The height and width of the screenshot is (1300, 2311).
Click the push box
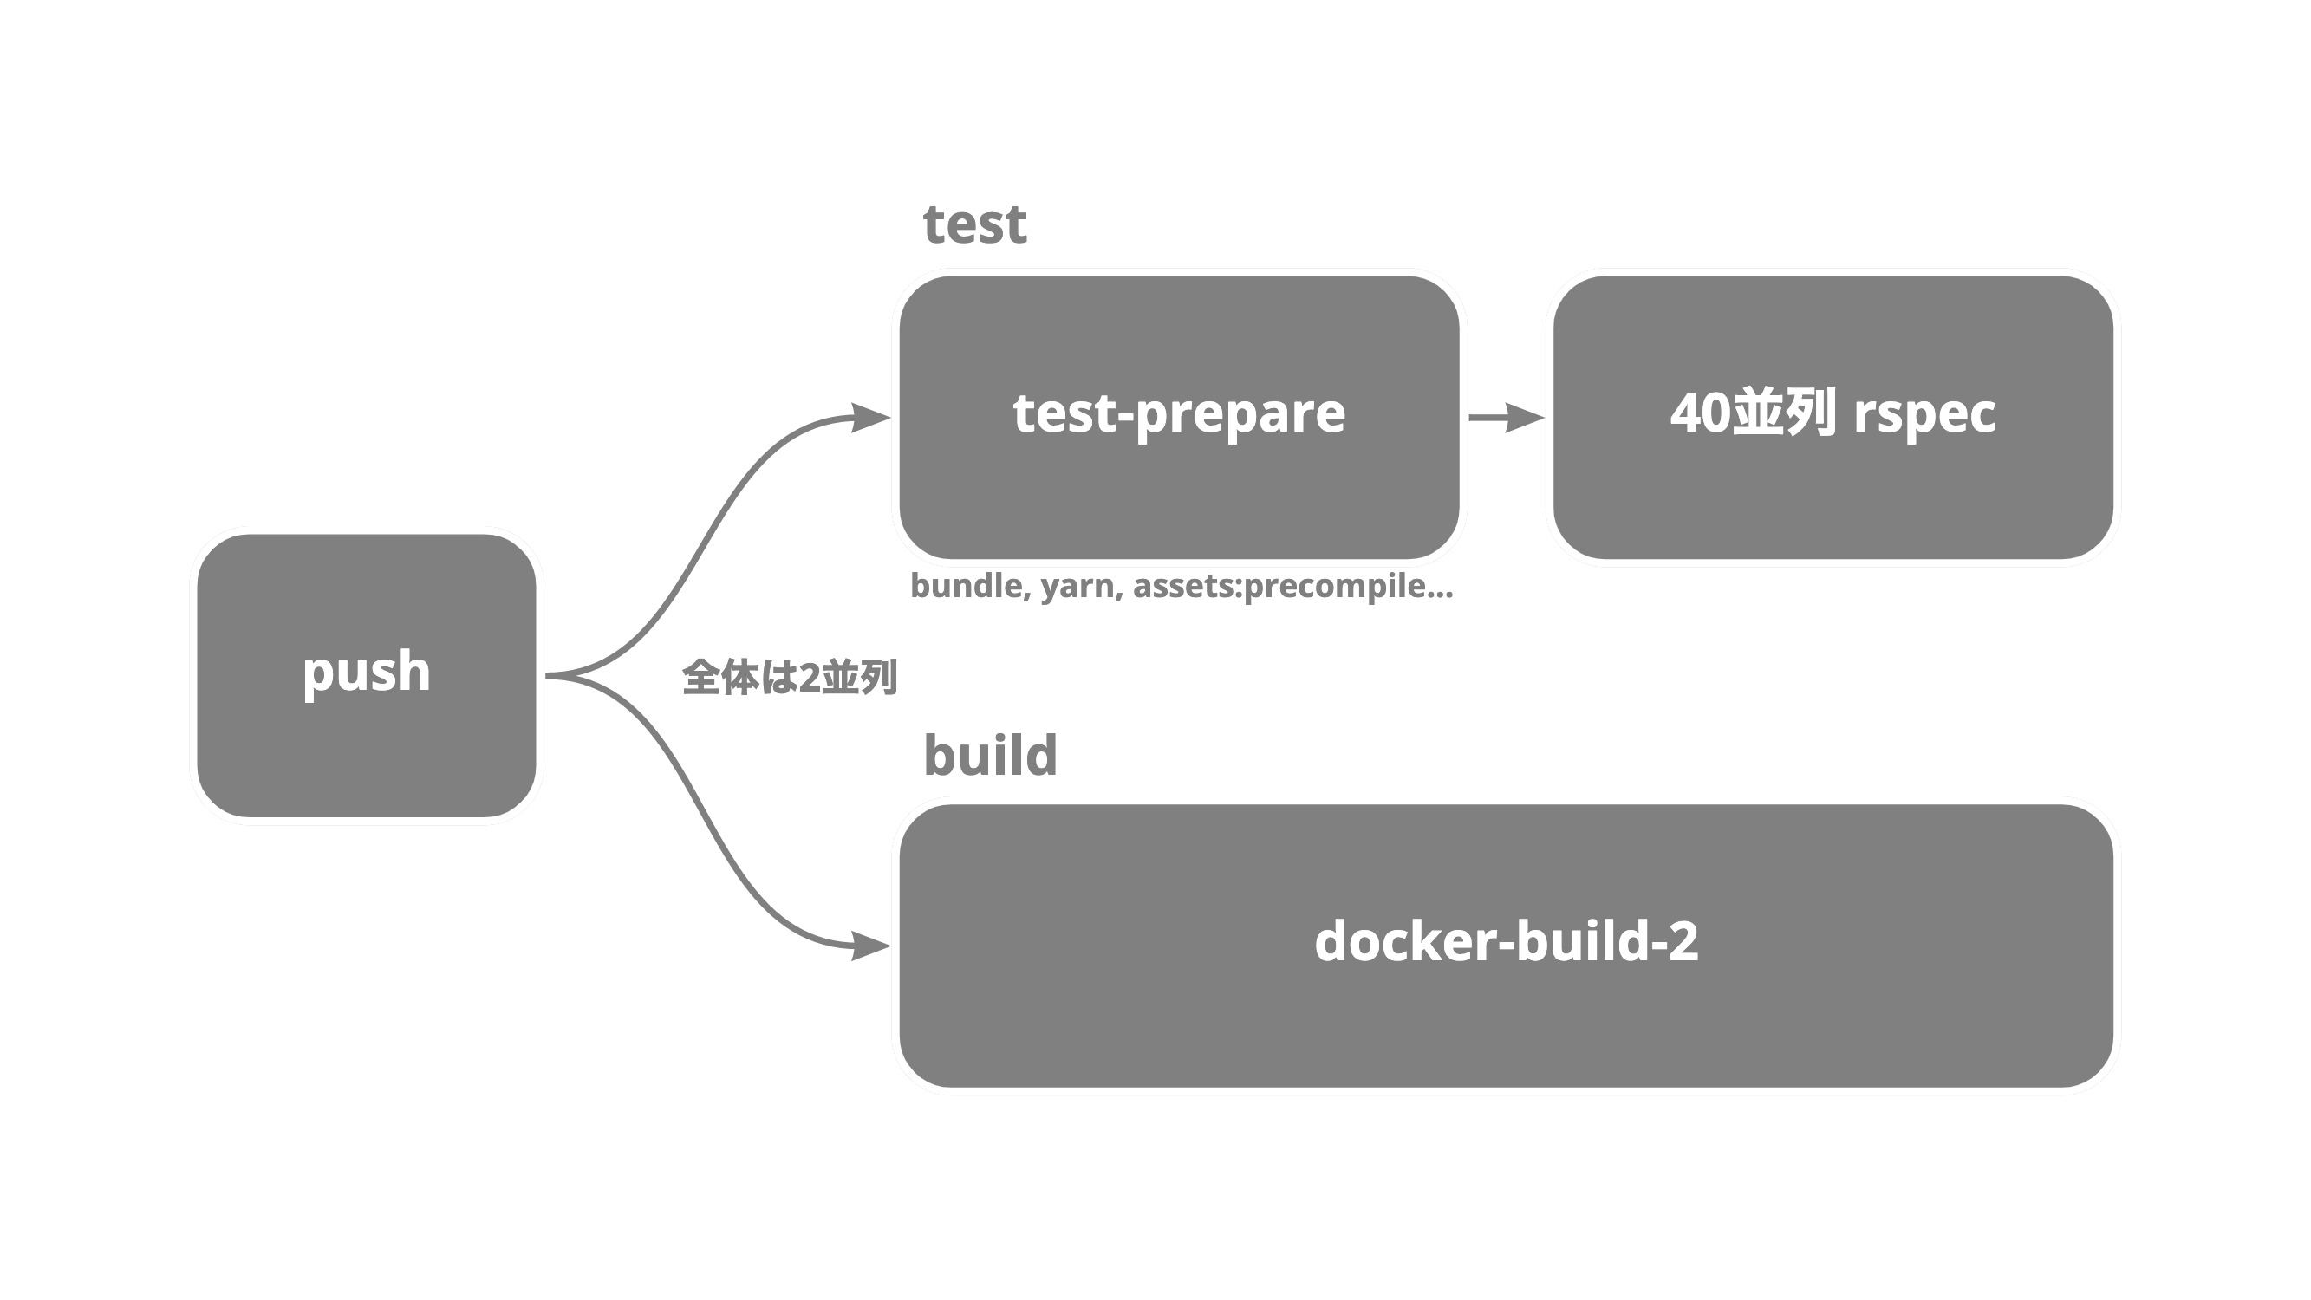(366, 676)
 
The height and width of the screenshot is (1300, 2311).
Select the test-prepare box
(1179, 417)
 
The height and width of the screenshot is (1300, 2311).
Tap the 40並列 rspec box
(1833, 417)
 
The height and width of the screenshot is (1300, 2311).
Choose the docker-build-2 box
(1507, 946)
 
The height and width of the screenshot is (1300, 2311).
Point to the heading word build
(991, 755)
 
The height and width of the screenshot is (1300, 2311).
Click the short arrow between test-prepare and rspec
(1507, 417)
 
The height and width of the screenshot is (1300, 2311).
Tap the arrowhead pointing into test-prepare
(870, 417)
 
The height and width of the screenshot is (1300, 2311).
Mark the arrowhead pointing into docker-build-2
(870, 946)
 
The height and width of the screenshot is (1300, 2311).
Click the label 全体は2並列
(790, 677)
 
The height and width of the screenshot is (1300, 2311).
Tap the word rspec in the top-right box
(1924, 414)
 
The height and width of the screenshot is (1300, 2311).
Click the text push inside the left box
(366, 673)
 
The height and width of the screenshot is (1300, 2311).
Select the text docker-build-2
(1507, 941)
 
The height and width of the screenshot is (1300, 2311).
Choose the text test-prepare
(1179, 414)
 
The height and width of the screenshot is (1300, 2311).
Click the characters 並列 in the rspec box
(1783, 413)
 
